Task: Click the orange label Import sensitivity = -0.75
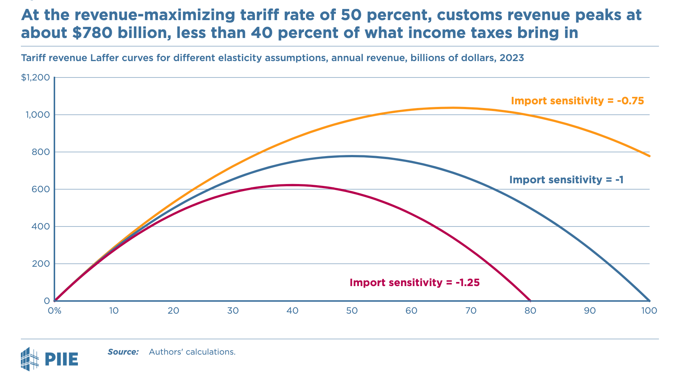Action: click(x=577, y=101)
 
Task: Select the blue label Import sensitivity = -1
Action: click(x=566, y=180)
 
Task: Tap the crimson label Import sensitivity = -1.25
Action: click(x=414, y=283)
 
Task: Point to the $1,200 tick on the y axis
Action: click(x=35, y=77)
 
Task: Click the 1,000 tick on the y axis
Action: click(x=37, y=115)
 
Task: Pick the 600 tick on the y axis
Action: click(x=42, y=189)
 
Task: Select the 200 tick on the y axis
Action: click(x=42, y=264)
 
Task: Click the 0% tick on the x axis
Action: click(x=54, y=311)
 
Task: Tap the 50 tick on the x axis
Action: click(x=352, y=311)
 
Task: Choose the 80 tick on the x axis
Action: click(x=530, y=311)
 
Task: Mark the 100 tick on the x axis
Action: click(x=649, y=311)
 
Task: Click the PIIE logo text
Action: click(x=61, y=359)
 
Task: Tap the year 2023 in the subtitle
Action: click(x=512, y=58)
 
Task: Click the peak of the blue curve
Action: click(x=352, y=156)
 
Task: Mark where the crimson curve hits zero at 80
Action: click(x=530, y=300)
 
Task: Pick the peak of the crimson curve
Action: click(x=292, y=185)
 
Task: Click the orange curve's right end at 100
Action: click(x=649, y=156)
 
